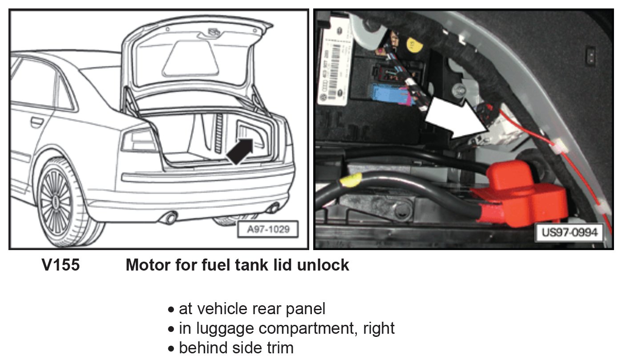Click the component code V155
61,265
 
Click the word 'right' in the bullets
379,328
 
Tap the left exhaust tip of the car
170,218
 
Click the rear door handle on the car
36,121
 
